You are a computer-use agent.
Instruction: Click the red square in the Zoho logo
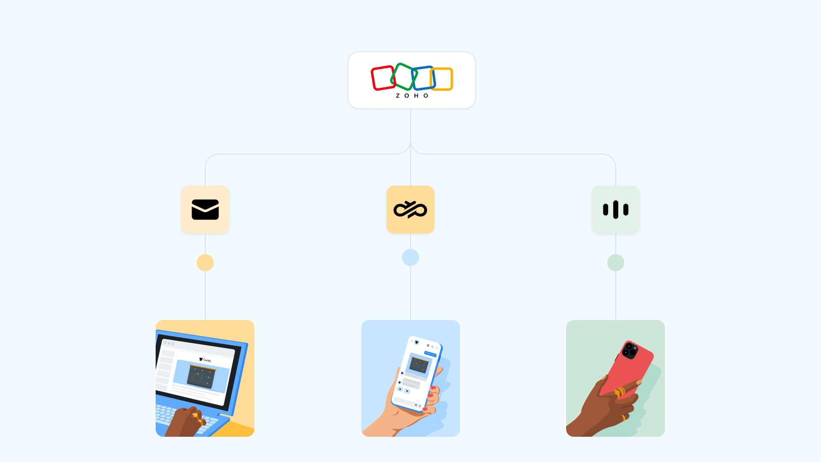(382, 78)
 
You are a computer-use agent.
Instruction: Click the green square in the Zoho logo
(403, 77)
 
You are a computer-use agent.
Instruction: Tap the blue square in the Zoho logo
(424, 78)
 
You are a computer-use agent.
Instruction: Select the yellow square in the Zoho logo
(442, 79)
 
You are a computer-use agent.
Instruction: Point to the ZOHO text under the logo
(412, 96)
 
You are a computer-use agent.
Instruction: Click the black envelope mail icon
(205, 210)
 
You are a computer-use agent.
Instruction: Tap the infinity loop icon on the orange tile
(410, 210)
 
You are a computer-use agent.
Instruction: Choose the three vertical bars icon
(616, 210)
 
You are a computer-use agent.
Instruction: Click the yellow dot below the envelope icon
(205, 263)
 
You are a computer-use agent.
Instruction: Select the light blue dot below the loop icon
(410, 258)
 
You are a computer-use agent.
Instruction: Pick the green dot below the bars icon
(616, 263)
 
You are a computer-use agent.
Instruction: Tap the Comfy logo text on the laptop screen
(206, 360)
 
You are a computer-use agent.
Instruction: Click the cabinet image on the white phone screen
(419, 365)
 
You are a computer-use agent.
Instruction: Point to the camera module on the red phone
(629, 350)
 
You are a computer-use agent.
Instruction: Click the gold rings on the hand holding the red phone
(620, 391)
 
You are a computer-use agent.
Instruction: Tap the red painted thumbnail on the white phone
(433, 388)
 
